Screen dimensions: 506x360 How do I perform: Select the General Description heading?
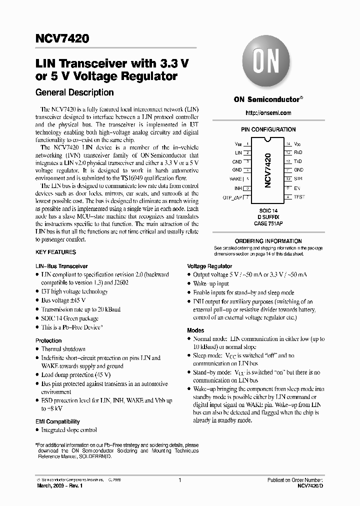[x=74, y=92]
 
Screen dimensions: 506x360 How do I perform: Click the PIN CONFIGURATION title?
[x=268, y=129]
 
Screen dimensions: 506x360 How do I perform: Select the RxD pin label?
[x=297, y=152]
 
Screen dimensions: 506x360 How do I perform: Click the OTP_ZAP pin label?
[x=232, y=197]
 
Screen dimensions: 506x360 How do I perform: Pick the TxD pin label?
[x=297, y=161]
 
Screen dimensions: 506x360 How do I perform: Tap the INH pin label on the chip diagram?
[x=238, y=188]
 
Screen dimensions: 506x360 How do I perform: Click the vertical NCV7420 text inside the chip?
[x=268, y=170]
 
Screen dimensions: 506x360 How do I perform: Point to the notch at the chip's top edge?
[x=268, y=139]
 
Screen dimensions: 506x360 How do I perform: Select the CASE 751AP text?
[x=268, y=224]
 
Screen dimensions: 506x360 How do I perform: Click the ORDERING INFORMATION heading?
[x=268, y=241]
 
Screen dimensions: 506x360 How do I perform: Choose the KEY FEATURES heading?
[x=55, y=252]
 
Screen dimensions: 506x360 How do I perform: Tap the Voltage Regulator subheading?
[x=209, y=266]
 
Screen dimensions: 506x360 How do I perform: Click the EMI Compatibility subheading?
[x=57, y=421]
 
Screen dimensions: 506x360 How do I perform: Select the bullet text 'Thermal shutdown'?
[x=63, y=349]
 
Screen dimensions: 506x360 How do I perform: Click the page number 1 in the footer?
[x=179, y=480]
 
